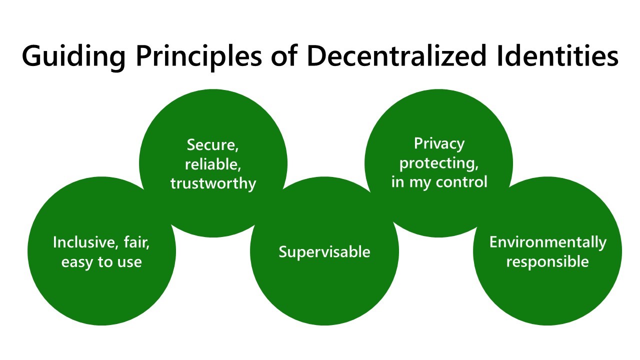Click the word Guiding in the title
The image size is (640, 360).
[x=73, y=56]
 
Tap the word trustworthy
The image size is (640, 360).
[x=213, y=183]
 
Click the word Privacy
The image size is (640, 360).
[x=439, y=144]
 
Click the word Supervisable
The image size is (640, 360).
[x=324, y=251]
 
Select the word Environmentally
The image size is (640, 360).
[x=547, y=243]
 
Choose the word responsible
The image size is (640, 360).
[x=547, y=262]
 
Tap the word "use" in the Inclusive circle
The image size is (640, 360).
[x=129, y=262]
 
